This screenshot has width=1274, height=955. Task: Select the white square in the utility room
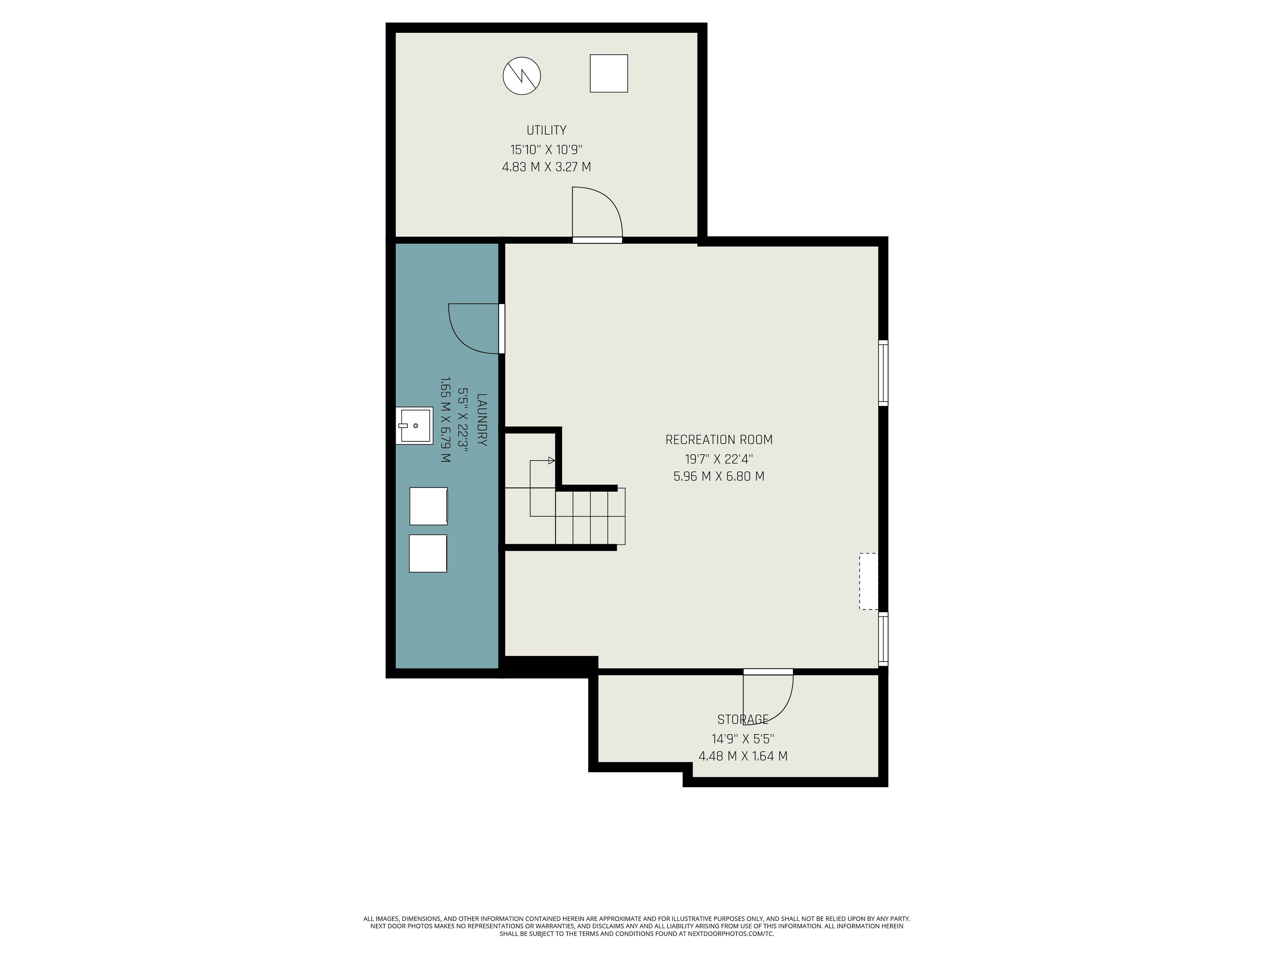609,73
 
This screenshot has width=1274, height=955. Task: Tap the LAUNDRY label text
482,420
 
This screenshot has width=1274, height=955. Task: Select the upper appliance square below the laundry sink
429,506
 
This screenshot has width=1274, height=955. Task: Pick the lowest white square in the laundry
428,553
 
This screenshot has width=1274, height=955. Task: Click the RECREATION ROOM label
719,440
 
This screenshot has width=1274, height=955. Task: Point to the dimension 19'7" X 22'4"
719,459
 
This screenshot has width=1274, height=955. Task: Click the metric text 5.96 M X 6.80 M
719,477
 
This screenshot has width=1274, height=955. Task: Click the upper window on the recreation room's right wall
883,373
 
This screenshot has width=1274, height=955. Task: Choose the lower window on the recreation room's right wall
883,639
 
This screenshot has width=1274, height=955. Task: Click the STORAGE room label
743,720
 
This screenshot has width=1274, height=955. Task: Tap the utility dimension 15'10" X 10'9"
546,150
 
